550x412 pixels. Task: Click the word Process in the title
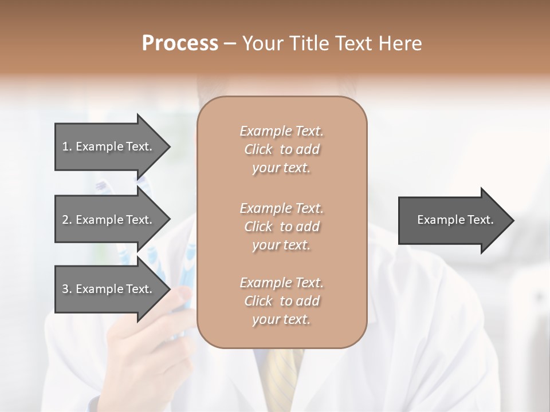click(x=180, y=43)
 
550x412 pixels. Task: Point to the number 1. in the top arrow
click(x=67, y=146)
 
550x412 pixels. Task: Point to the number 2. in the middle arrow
click(x=67, y=220)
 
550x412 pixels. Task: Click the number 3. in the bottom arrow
click(x=67, y=289)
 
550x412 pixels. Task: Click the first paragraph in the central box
click(x=281, y=149)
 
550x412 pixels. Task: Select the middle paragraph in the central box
click(x=281, y=227)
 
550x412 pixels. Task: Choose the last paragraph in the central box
click(x=281, y=301)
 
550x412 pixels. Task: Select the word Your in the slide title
click(x=262, y=43)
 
